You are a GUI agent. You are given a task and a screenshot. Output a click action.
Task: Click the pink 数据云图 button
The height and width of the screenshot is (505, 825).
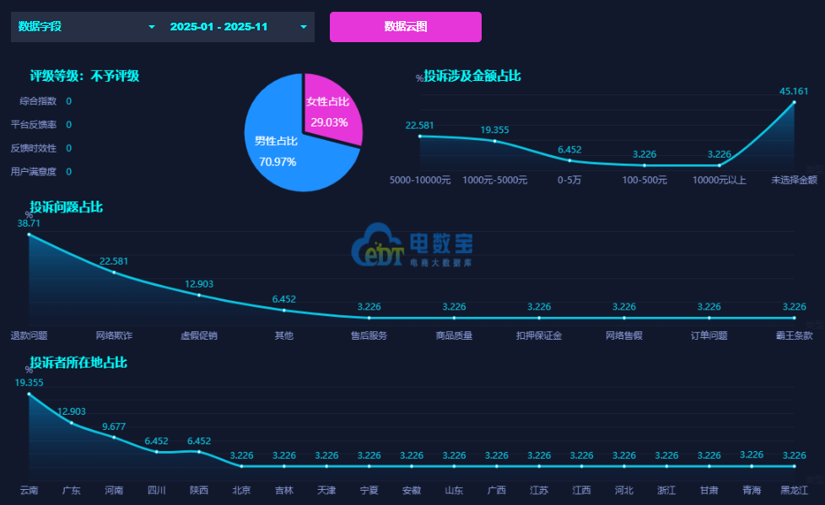(405, 27)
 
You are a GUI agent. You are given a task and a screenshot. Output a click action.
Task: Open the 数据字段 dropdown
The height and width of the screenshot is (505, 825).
(84, 27)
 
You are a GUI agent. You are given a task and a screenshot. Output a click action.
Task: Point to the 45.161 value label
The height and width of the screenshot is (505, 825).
(794, 91)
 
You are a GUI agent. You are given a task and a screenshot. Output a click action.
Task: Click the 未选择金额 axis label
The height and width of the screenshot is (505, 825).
(794, 180)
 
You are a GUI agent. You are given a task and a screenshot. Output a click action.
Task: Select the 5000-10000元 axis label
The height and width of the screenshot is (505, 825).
(420, 180)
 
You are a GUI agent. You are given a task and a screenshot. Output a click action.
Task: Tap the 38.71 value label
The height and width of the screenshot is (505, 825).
(30, 223)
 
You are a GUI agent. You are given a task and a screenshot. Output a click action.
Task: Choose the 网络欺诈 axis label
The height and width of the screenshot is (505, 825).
(114, 336)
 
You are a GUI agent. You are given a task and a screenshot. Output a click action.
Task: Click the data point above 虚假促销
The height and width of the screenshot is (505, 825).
(199, 295)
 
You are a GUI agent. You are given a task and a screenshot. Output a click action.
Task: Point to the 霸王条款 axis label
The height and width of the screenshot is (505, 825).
(794, 336)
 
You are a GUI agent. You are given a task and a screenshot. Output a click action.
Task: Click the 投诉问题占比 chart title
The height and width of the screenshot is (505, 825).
(66, 207)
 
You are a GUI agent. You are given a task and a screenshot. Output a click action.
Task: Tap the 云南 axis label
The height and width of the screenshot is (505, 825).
(30, 490)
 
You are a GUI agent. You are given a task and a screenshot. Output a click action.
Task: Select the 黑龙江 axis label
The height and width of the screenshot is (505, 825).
(794, 490)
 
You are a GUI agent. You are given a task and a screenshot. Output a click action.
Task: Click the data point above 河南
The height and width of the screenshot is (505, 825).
(114, 437)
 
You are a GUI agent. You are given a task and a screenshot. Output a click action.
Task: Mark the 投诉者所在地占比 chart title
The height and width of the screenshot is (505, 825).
(78, 363)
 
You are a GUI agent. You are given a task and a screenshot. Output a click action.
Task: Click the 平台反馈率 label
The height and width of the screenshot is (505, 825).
(34, 125)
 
